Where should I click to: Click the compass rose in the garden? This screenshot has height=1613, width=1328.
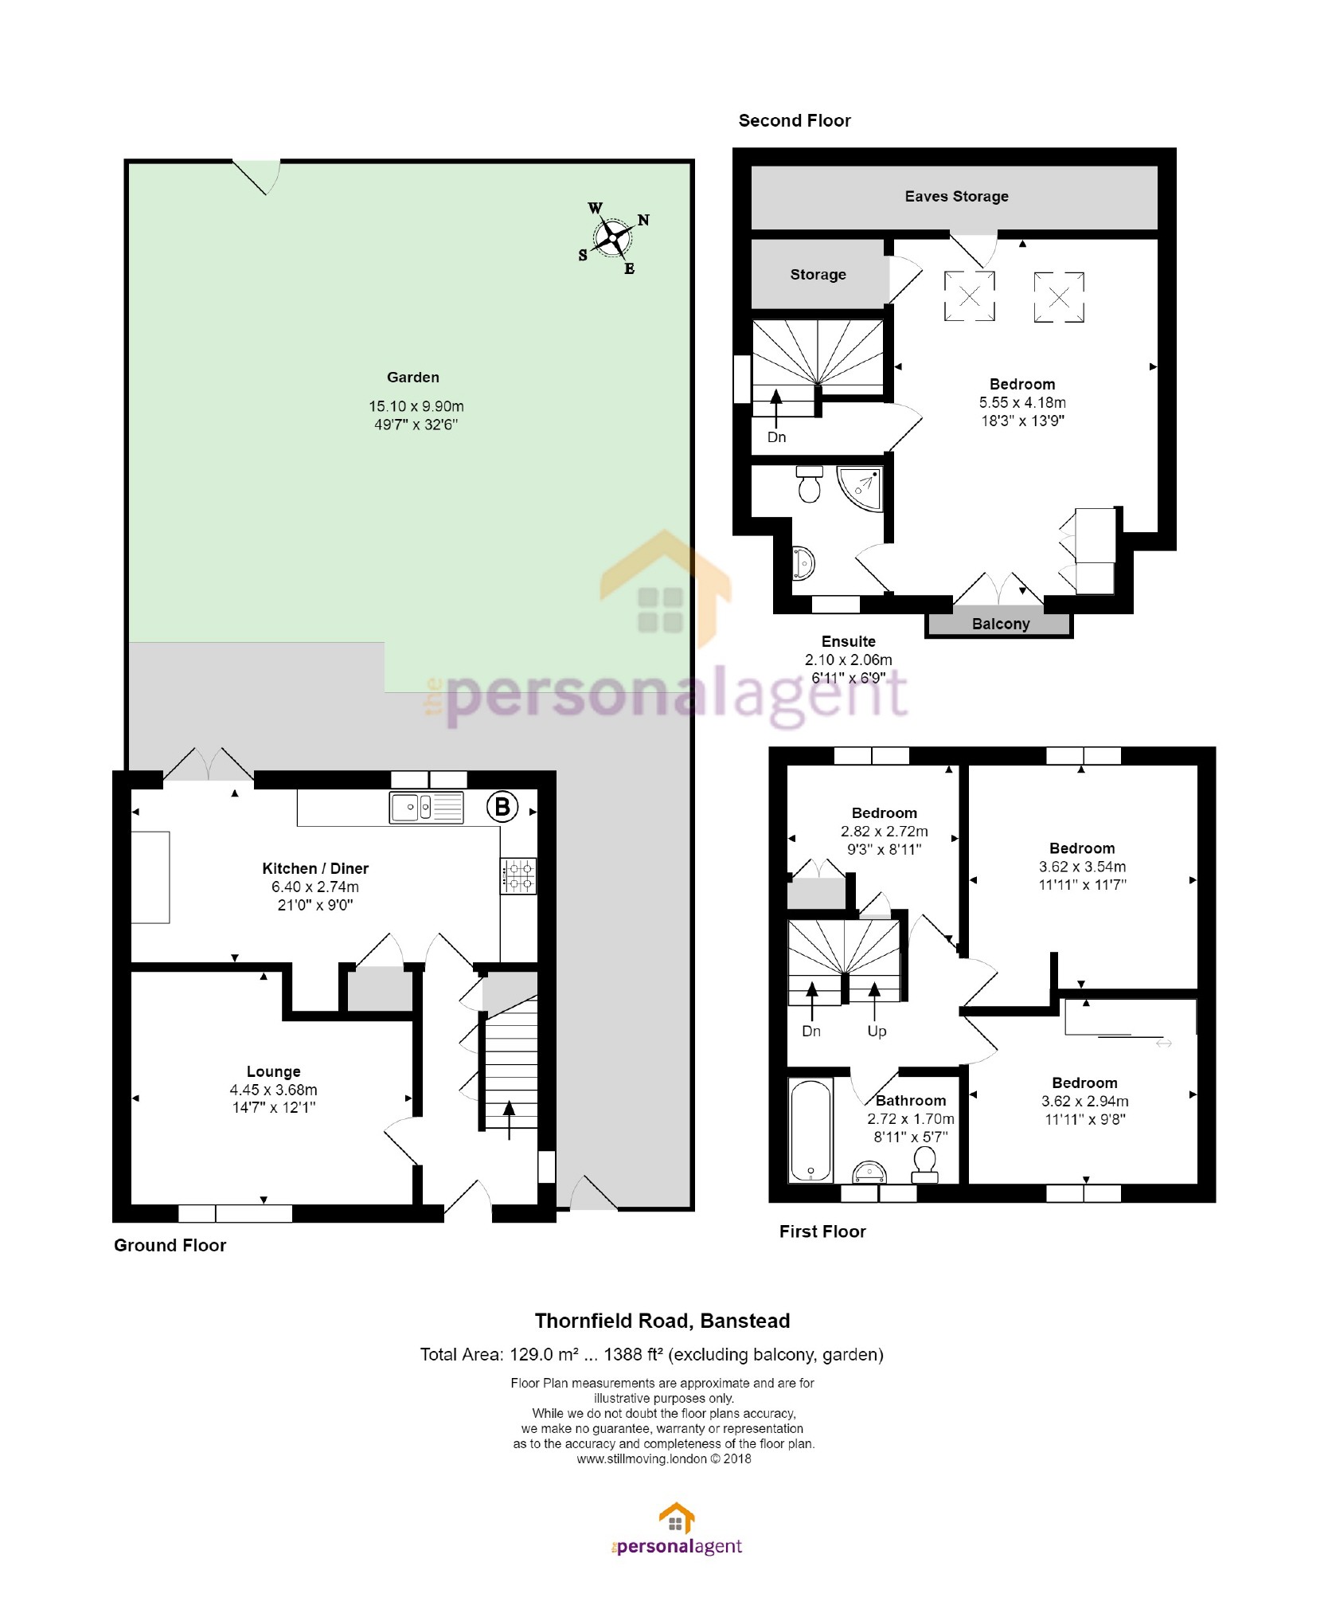(x=613, y=237)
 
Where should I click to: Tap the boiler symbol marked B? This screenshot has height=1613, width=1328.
(x=502, y=807)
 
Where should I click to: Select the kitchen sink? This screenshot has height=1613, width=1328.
(x=427, y=808)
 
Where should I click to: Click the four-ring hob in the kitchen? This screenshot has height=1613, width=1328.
(x=518, y=875)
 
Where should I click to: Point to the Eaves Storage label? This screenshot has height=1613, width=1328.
(x=956, y=196)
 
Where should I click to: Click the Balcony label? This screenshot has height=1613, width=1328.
(x=1001, y=624)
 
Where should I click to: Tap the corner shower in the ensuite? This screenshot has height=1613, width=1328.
(x=861, y=488)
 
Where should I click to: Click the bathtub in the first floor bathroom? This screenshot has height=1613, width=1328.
(x=810, y=1129)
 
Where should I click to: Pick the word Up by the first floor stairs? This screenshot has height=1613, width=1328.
(x=877, y=1031)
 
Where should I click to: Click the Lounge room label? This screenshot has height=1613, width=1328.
(x=273, y=1071)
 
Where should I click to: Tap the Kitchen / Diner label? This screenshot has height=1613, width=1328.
(x=315, y=868)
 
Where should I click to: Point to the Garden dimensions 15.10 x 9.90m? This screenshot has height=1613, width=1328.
(x=416, y=406)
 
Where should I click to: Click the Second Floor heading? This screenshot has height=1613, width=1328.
(x=795, y=120)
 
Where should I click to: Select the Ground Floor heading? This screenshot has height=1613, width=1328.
(x=170, y=1245)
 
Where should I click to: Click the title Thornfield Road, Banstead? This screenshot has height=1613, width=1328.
(x=662, y=1321)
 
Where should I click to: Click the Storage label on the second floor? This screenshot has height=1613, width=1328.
(x=818, y=274)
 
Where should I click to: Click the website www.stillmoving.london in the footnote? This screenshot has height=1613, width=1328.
(x=642, y=1458)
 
